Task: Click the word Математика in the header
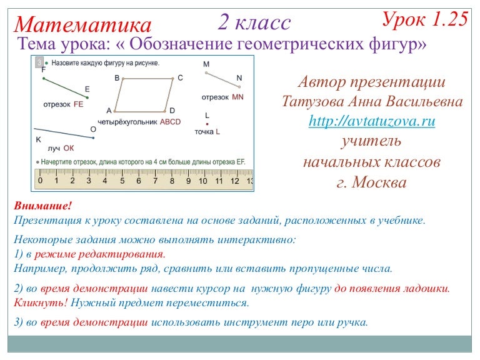pos(83,25)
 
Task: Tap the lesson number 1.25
pos(449,19)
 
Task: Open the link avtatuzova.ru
pos(372,121)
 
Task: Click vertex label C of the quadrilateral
pos(180,77)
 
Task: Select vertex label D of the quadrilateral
pos(172,111)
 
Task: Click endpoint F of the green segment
pos(43,77)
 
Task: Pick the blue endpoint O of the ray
pos(92,136)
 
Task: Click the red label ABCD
pos(170,122)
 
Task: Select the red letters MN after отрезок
pos(237,97)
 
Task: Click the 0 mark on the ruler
pos(40,181)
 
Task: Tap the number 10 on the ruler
pos(202,181)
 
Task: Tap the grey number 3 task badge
pos(39,63)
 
